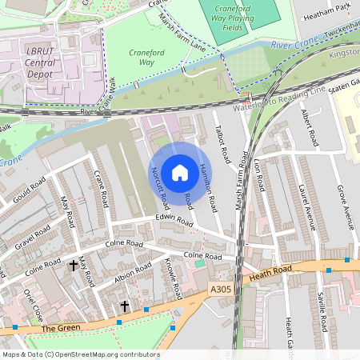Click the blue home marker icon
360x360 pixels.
[180, 172]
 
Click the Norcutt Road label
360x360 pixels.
[158, 186]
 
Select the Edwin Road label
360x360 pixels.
[174, 221]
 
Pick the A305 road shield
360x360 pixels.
[221, 289]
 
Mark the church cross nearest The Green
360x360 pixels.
[124, 306]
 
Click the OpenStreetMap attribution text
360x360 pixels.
[80, 354]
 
